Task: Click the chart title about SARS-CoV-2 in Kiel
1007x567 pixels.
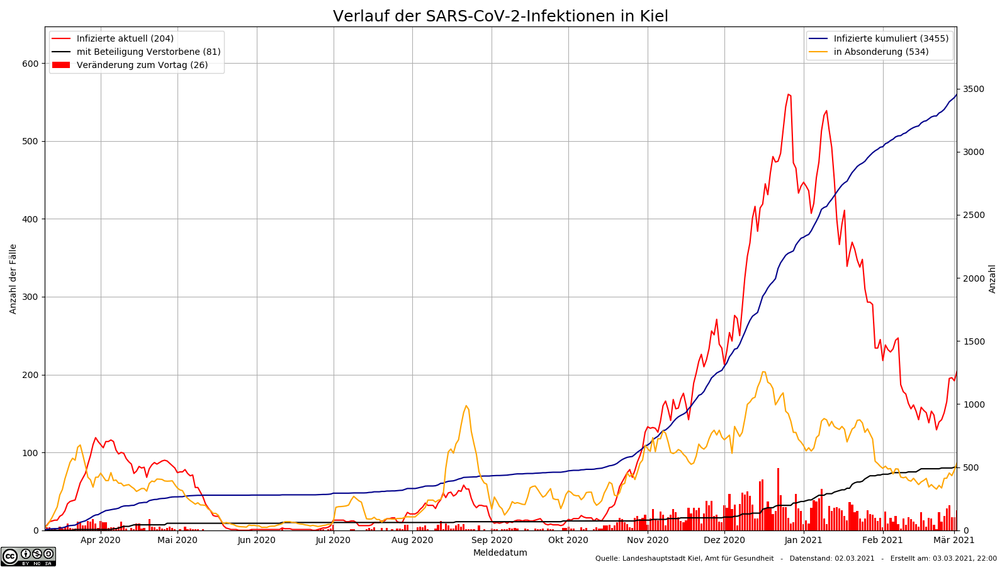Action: tap(500, 16)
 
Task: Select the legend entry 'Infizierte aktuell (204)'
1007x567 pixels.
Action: tap(125, 38)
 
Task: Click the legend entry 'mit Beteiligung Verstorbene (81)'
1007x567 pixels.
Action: tap(148, 52)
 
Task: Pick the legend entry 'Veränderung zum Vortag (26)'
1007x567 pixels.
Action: tap(142, 65)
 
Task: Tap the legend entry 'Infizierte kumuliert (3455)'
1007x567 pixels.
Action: tap(891, 38)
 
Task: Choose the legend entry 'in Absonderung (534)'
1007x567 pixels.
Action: tap(880, 52)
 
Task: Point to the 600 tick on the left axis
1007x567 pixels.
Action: tap(30, 64)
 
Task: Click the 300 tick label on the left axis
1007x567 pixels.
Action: tap(30, 297)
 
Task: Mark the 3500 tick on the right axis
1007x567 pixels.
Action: tap(973, 89)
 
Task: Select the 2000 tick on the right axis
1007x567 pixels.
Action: tap(973, 278)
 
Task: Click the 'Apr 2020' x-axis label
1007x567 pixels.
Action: tap(101, 540)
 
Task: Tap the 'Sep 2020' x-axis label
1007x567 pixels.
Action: tap(492, 540)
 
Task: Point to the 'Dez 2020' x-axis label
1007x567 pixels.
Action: tap(724, 540)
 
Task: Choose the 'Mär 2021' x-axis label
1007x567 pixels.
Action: tap(954, 540)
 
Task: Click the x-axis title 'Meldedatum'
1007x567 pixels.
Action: tap(500, 553)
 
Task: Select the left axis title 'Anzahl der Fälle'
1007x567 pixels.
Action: tap(13, 279)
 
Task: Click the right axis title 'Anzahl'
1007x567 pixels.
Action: tap(993, 279)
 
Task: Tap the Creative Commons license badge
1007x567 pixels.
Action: tap(28, 556)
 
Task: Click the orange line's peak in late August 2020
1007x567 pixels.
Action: tap(466, 406)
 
